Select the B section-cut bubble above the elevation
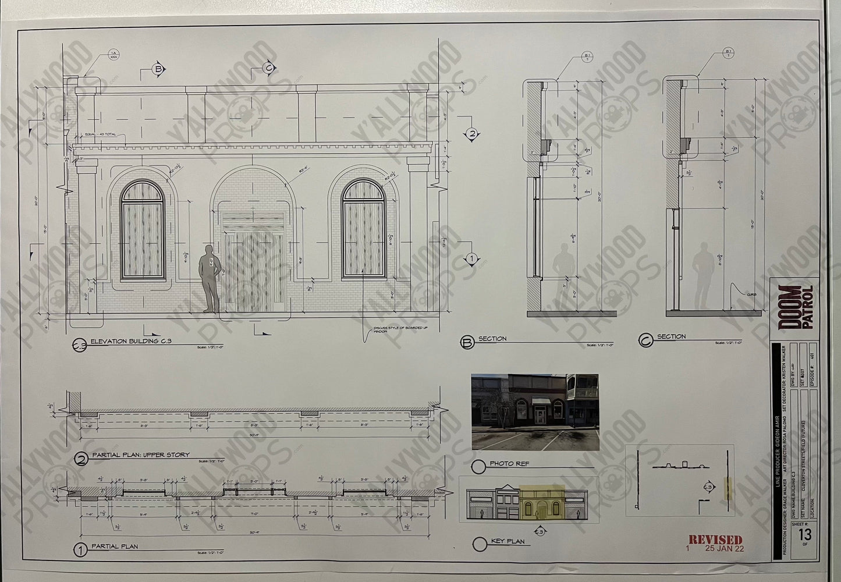pyautogui.click(x=157, y=69)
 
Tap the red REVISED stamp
pyautogui.click(x=715, y=540)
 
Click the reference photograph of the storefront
pyautogui.click(x=534, y=411)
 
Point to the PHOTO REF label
pyautogui.click(x=510, y=463)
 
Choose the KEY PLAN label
pyautogui.click(x=508, y=541)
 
